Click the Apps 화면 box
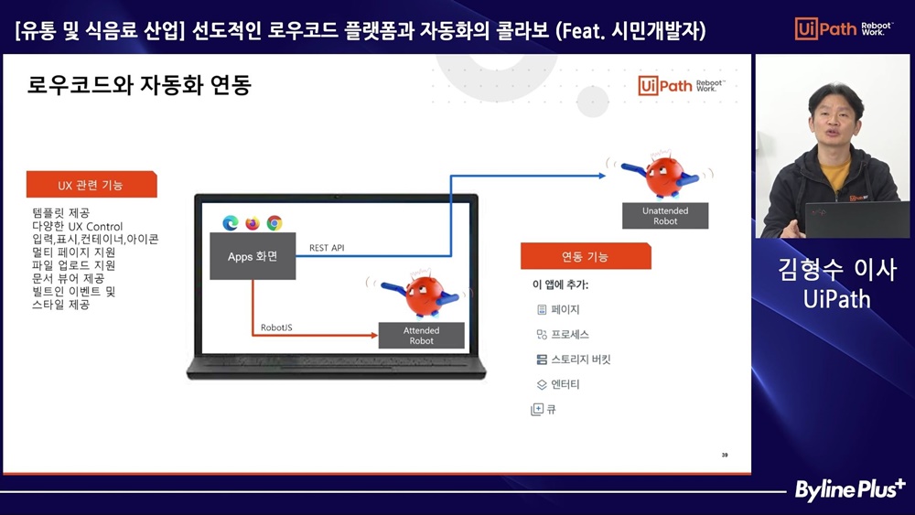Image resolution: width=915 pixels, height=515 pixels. (253, 256)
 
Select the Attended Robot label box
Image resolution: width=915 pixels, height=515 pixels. (421, 336)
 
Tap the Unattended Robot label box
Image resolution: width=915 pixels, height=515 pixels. (665, 216)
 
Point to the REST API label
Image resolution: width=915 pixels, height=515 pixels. (327, 248)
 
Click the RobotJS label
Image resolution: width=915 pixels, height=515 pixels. (276, 327)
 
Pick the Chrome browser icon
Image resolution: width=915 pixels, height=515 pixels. (274, 223)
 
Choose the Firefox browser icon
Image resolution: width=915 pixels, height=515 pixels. (253, 223)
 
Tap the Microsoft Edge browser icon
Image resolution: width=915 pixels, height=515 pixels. (231, 223)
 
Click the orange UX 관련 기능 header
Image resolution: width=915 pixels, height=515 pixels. (91, 185)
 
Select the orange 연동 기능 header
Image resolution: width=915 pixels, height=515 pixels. (586, 257)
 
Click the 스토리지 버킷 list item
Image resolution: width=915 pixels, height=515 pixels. (573, 359)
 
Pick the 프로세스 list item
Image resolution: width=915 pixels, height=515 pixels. (563, 334)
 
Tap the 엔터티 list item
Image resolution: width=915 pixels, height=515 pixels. (558, 384)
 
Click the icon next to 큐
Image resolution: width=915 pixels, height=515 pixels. (537, 410)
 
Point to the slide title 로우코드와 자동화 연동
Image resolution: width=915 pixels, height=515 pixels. (139, 85)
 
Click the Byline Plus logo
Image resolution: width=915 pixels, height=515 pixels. (850, 489)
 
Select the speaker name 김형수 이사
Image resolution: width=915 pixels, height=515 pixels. (837, 270)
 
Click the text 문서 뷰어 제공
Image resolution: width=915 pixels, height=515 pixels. (69, 278)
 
